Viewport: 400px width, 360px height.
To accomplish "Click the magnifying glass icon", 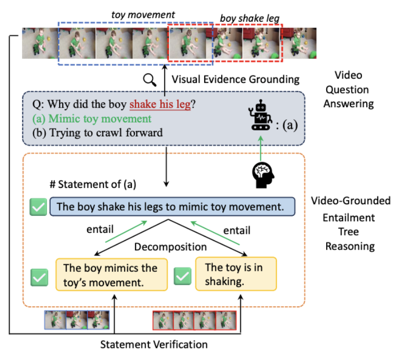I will [x=150, y=80].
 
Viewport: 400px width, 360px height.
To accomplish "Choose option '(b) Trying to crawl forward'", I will [x=97, y=132].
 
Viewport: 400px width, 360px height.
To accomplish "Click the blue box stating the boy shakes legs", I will [x=172, y=207].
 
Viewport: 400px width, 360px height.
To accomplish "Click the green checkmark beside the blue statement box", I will [x=39, y=207].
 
